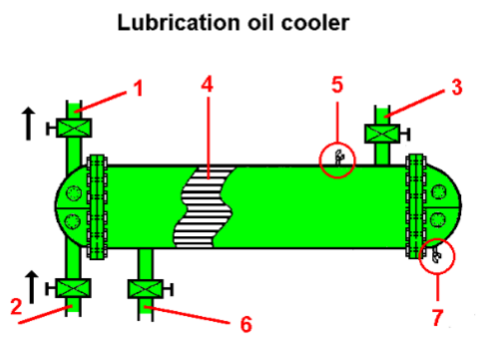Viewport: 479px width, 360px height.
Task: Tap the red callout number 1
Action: tap(139, 88)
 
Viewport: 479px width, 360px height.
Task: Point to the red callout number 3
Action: tap(455, 88)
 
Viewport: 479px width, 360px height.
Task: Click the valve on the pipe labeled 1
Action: tap(73, 128)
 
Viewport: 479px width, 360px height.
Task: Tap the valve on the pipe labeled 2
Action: tap(72, 288)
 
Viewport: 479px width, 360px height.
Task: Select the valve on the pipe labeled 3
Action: tap(381, 133)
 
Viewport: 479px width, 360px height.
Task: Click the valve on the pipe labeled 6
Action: tap(146, 289)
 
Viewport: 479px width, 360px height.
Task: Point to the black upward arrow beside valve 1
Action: tap(31, 125)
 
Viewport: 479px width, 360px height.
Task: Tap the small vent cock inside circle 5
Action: tap(338, 157)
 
